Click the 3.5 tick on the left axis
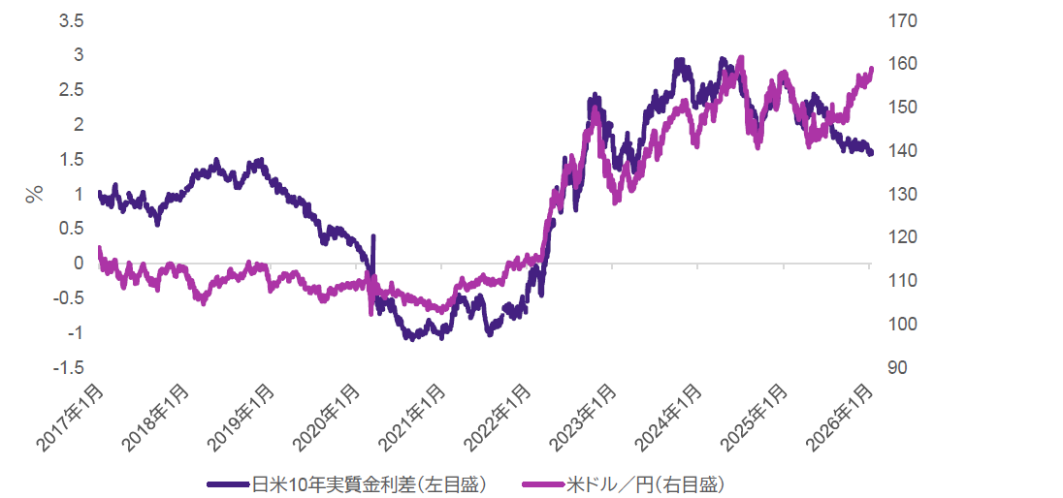coord(72,20)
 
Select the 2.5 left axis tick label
coord(72,90)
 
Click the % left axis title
coord(35,194)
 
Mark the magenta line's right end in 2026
coord(871,69)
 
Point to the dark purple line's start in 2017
coord(100,194)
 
